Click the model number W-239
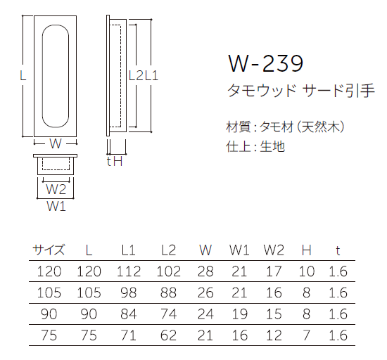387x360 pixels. [x=265, y=64]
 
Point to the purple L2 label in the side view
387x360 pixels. [x=136, y=75]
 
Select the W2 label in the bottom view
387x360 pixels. [x=56, y=189]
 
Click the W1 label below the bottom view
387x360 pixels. [x=56, y=207]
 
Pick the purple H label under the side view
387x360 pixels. [x=118, y=162]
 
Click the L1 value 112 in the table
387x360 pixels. [x=128, y=271]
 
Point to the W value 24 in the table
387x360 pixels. [x=205, y=314]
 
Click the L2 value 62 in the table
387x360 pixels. [x=168, y=335]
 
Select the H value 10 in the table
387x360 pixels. [x=306, y=271]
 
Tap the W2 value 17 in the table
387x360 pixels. [x=274, y=271]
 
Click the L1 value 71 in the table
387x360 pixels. [x=128, y=335]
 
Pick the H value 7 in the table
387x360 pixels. [x=306, y=335]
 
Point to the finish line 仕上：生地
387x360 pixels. [x=255, y=147]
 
